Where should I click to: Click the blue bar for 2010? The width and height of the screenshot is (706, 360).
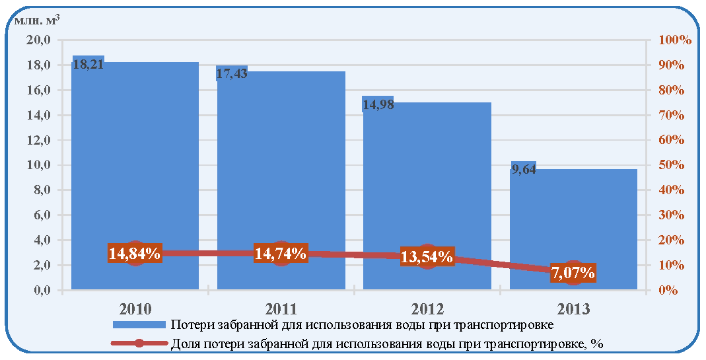pos(135,175)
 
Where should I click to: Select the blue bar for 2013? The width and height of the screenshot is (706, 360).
pos(573,229)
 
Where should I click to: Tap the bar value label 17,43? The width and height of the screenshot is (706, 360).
pos(232,73)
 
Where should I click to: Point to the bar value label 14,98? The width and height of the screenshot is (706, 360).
pos(378,104)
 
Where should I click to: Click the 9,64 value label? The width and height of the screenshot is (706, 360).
pos(523,170)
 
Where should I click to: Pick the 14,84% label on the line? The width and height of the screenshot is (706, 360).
pos(134,253)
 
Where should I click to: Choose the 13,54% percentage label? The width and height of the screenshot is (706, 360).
pos(427,256)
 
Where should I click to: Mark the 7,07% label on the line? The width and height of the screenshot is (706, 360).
pos(573,273)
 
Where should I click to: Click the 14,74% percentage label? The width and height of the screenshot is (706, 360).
pos(281,253)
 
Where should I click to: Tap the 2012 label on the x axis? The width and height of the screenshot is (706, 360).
pos(427,309)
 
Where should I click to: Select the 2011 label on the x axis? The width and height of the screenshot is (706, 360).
pos(281,309)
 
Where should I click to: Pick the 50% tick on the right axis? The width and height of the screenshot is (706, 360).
pos(671,165)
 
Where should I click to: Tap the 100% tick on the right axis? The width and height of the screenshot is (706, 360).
pos(674,40)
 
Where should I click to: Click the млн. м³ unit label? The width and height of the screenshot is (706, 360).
pos(36,20)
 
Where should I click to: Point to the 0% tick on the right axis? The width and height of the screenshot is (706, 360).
pos(668,290)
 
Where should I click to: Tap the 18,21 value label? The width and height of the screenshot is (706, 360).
pos(88,65)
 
